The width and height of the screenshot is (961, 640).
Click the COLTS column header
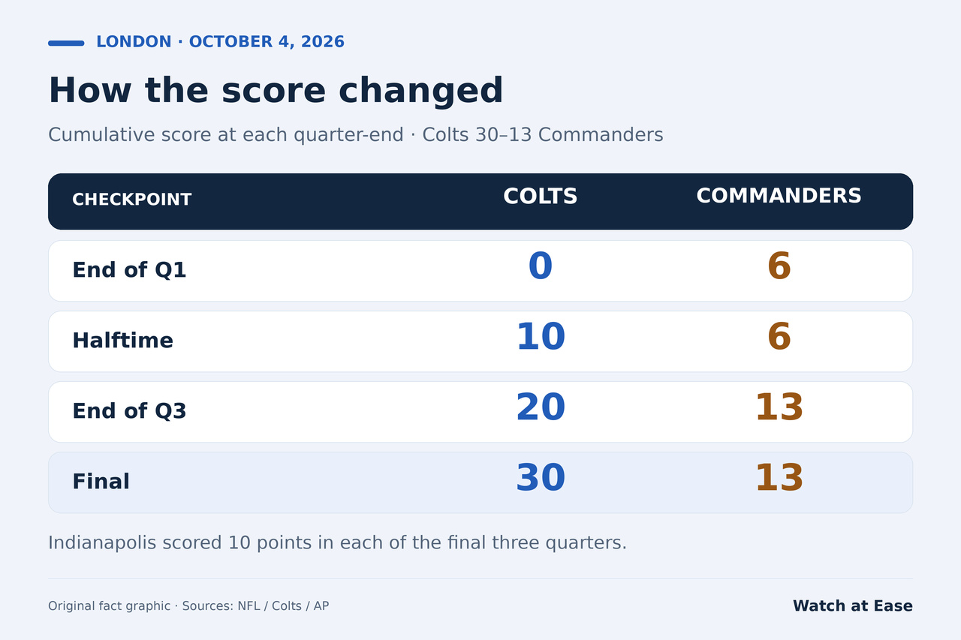540,197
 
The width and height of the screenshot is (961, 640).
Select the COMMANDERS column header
779,196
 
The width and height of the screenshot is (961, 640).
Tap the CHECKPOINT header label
131,200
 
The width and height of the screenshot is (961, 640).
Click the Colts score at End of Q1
540,266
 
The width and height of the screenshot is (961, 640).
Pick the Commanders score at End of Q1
779,266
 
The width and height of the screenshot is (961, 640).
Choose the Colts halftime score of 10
541,336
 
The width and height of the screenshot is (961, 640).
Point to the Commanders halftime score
779,336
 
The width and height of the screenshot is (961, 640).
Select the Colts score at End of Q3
541,407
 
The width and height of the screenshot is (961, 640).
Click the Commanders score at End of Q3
779,407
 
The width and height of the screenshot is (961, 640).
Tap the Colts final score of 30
541,477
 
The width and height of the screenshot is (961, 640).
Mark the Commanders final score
779,477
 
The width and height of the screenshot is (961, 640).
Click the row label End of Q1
129,270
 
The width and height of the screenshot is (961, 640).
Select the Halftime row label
122,341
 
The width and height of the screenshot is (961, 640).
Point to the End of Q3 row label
129,410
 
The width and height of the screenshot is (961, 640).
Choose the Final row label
101,482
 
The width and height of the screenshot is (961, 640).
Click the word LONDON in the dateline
134,42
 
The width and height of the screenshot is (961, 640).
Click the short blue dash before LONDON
66,44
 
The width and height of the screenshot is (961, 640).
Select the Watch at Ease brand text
853,605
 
